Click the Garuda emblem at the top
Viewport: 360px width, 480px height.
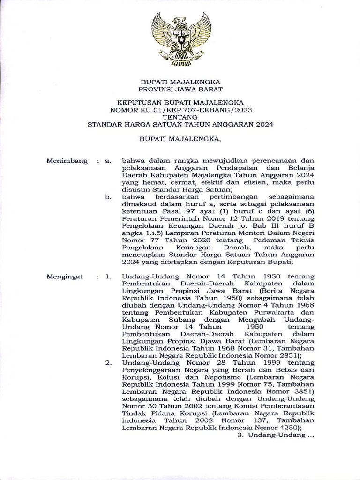pyautogui.click(x=181, y=39)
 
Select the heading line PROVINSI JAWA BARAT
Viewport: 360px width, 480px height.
pyautogui.click(x=180, y=89)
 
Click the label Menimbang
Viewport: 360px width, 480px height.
pyautogui.click(x=67, y=161)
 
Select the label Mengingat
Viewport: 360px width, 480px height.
pyautogui.click(x=65, y=277)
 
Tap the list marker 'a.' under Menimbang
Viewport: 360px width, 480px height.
pyautogui.click(x=108, y=161)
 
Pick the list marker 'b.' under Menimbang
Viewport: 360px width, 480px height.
pyautogui.click(x=108, y=197)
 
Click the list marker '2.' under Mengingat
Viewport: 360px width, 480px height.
pyautogui.click(x=108, y=362)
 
